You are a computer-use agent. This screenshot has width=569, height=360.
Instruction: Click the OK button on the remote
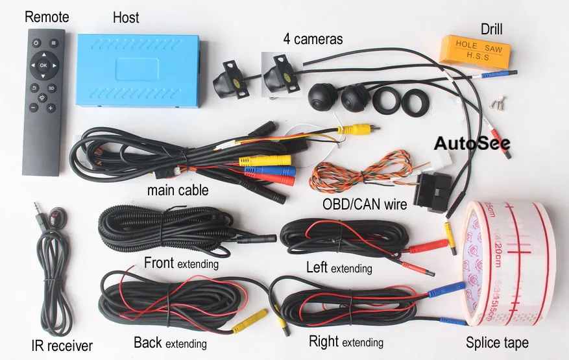(43, 66)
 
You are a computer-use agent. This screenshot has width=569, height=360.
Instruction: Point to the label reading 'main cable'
(178, 190)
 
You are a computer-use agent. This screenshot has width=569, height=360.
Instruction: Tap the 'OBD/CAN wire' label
(365, 205)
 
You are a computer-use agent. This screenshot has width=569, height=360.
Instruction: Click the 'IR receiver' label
(62, 346)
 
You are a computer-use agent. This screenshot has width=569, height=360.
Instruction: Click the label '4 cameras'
(313, 39)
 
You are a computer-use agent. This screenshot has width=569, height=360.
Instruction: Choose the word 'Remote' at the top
(47, 17)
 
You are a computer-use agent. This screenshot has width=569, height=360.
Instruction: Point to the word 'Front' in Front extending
(159, 263)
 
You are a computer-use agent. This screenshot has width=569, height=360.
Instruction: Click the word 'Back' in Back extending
(149, 342)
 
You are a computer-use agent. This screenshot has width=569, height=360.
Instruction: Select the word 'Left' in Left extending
(317, 267)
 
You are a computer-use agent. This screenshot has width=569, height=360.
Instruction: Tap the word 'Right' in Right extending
(324, 341)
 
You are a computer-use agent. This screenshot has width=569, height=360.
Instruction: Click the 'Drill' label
(492, 29)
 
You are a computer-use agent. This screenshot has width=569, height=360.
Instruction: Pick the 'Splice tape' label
(497, 342)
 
